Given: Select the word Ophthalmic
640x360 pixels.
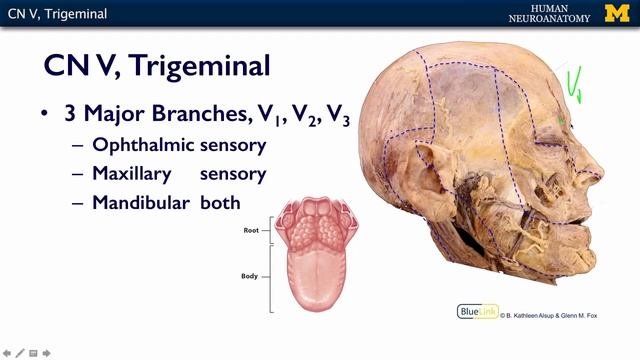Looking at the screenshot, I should (x=141, y=145).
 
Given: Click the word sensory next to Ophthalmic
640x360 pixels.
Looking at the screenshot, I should (x=232, y=145).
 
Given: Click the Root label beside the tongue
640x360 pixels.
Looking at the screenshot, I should (x=252, y=230).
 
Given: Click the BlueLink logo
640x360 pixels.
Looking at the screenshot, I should (x=476, y=311).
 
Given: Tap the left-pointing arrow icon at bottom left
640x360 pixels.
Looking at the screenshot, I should (x=7, y=352).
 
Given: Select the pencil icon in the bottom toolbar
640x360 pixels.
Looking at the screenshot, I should (x=20, y=352).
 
